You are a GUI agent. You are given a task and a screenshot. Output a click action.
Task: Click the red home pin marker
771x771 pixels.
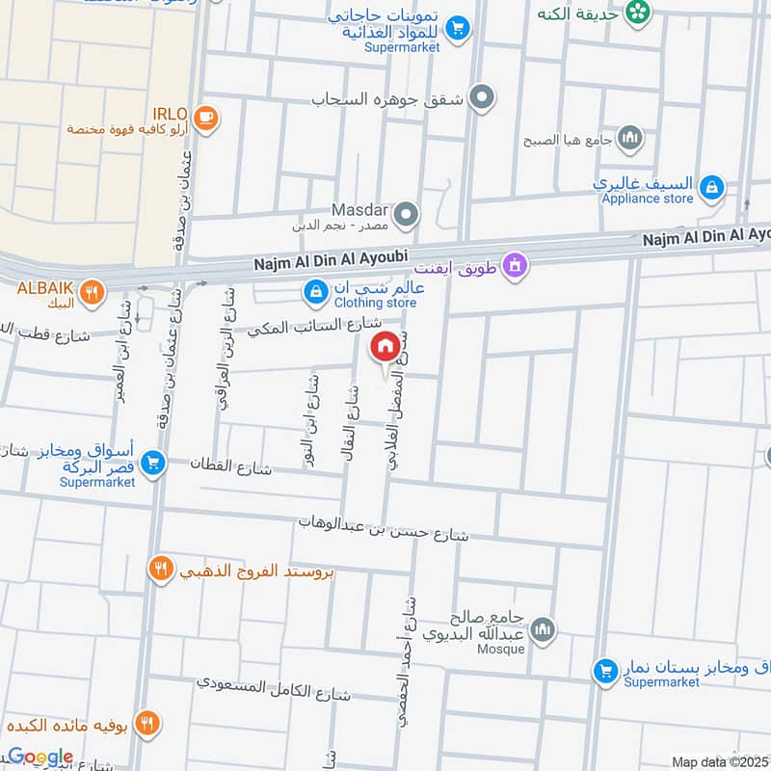pos(385,346)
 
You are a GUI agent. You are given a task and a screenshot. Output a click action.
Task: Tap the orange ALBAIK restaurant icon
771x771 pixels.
pos(92,292)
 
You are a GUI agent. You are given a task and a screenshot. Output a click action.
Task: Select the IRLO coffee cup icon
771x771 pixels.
pos(204,118)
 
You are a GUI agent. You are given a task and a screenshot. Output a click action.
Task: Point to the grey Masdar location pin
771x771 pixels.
pos(407,214)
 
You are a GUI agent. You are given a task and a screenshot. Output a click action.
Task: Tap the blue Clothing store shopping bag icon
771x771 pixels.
pos(315,290)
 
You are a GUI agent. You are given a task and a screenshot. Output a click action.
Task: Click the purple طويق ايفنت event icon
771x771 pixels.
pos(516,263)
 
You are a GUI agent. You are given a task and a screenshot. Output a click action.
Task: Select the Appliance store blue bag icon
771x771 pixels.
pos(711,186)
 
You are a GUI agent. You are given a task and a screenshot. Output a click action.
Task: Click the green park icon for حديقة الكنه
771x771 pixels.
pos(636,12)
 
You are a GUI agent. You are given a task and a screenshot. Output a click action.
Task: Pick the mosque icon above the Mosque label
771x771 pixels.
pos(543,629)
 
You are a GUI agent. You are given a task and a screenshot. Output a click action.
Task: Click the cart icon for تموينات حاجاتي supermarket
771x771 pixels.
pos(459,28)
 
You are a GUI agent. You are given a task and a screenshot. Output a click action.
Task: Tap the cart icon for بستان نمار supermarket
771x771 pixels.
pos(605,669)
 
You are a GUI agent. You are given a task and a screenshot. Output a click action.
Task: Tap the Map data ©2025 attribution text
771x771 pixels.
pos(718,762)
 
